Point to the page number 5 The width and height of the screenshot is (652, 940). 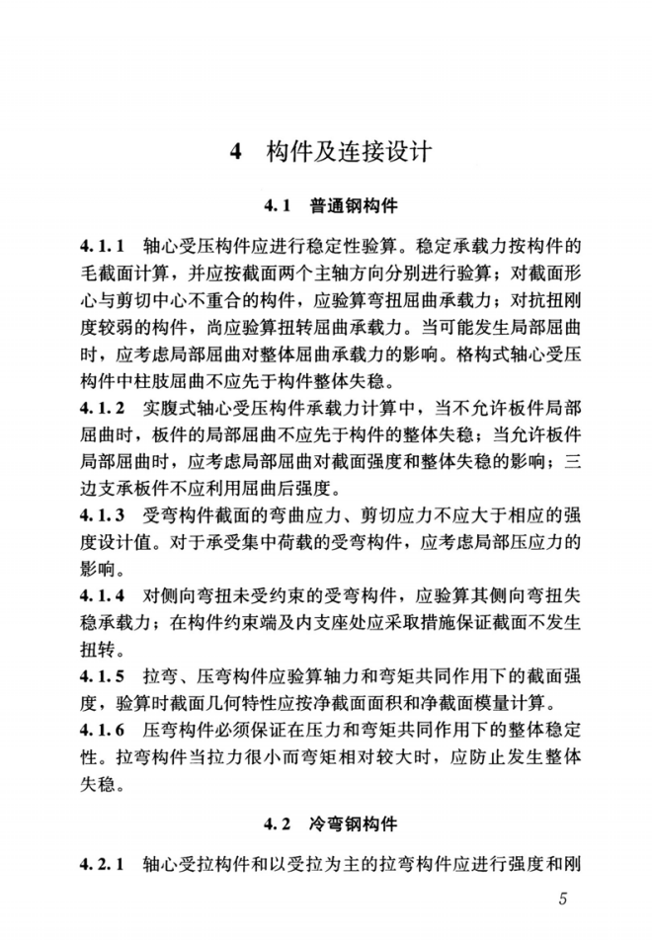563,900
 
